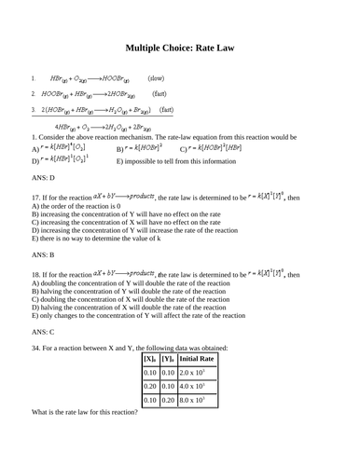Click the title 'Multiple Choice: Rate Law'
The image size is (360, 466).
(179, 48)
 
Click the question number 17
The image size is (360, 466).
(36, 199)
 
